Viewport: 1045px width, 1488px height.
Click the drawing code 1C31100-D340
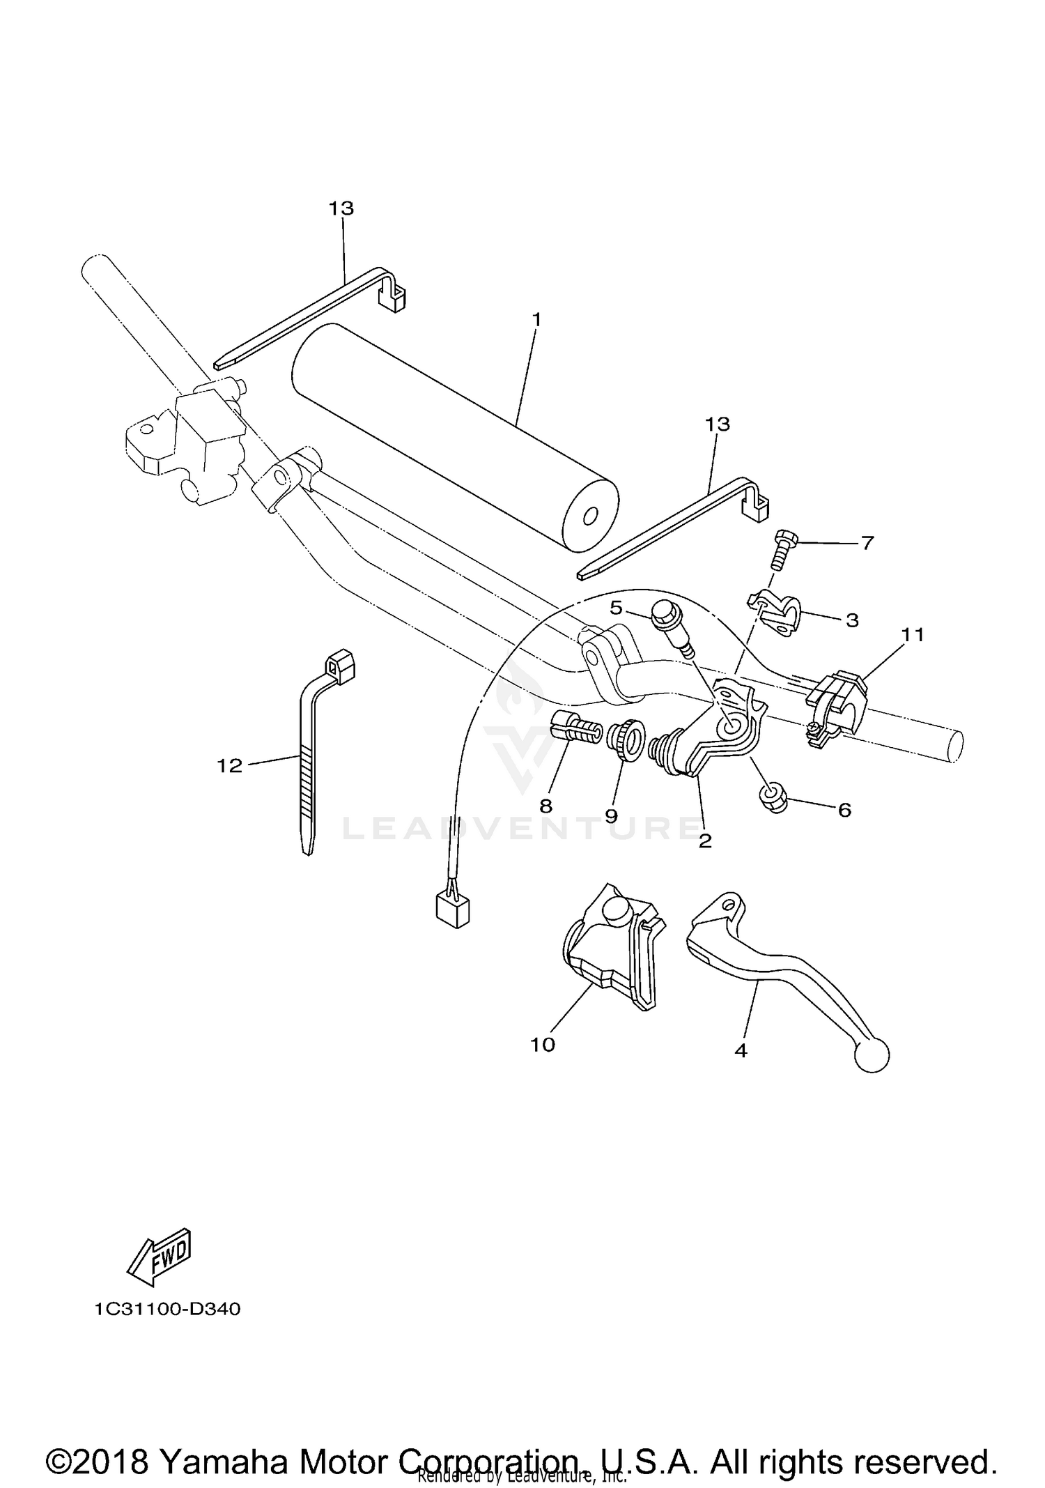168,1310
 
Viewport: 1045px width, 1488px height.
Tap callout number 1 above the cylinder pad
536,320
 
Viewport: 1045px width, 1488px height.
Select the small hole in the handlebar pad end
590,516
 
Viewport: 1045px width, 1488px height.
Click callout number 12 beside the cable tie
229,766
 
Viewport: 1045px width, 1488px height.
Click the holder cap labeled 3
777,610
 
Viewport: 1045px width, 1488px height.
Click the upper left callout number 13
341,208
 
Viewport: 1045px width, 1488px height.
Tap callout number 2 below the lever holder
705,841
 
